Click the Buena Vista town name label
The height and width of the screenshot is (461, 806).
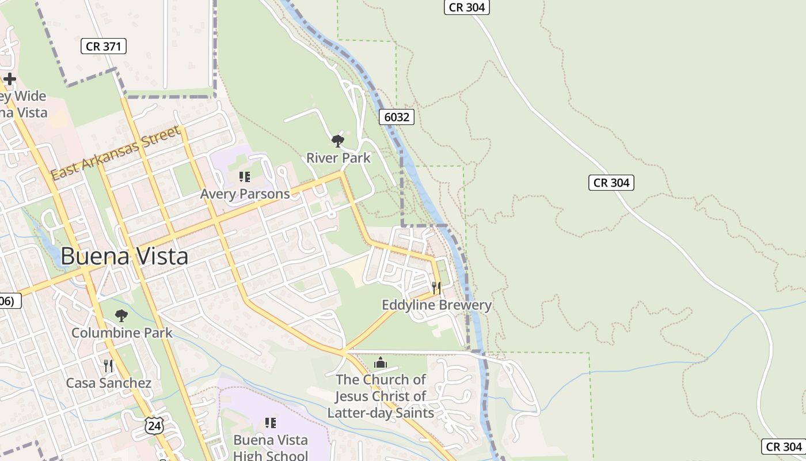124,256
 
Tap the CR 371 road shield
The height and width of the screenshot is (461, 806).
104,47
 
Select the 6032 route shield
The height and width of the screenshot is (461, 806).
397,118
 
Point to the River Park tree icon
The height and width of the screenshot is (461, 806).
338,141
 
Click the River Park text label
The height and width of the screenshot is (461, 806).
338,158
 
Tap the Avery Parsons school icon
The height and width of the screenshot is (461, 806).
245,177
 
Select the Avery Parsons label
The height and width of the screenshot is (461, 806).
245,194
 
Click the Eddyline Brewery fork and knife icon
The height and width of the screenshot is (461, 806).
436,288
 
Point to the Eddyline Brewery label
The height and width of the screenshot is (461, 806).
436,305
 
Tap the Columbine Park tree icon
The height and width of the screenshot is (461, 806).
121,315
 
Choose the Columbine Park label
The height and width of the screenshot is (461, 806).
121,332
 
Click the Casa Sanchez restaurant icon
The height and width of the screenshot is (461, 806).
108,365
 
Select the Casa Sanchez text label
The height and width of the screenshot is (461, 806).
108,383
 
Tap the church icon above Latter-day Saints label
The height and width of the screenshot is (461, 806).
380,363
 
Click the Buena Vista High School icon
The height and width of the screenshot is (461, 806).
271,423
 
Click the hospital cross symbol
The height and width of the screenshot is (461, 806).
10,79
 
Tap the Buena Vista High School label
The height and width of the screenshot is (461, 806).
270,447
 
